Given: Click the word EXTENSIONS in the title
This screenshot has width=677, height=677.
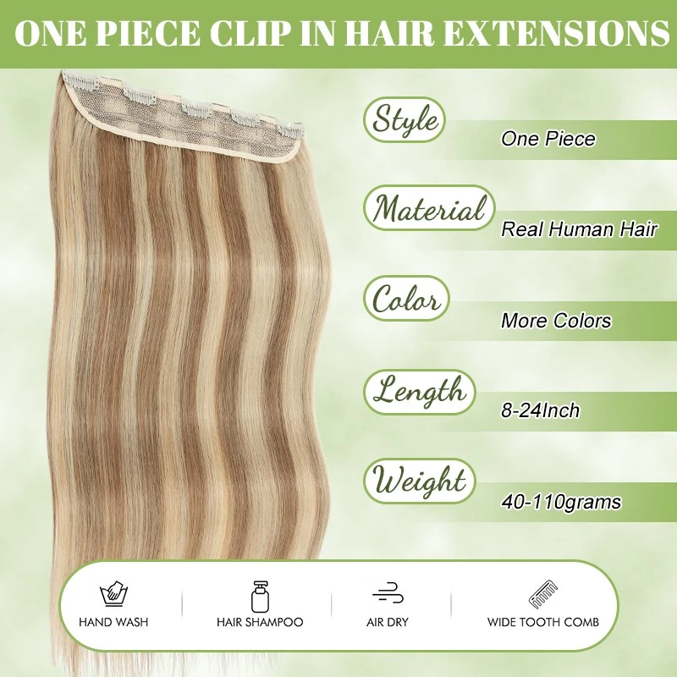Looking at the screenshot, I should (x=553, y=34).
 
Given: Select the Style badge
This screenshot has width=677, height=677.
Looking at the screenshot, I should (x=406, y=120).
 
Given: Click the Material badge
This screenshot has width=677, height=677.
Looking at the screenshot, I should (x=429, y=208).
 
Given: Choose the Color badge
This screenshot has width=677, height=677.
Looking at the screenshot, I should (x=406, y=300).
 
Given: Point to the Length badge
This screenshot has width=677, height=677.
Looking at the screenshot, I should (x=419, y=391).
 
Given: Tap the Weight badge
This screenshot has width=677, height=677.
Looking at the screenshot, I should (x=420, y=482).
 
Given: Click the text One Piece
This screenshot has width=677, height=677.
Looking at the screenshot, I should (x=548, y=139).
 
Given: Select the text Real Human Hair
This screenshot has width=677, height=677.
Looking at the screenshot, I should (x=579, y=229).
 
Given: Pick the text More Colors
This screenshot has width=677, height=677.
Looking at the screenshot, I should (x=555, y=321).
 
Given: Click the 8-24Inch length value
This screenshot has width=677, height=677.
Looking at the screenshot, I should (x=540, y=411).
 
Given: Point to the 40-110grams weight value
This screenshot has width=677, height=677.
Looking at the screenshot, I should (x=560, y=502).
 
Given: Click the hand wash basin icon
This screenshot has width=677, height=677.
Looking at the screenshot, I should (x=113, y=592).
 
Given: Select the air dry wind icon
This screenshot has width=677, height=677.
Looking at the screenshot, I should (x=388, y=592).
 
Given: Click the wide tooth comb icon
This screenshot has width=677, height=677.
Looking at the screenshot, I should (x=542, y=593).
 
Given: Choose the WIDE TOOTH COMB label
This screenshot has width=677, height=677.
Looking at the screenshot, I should (x=542, y=622).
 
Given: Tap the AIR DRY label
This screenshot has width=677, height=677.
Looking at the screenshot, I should (x=388, y=622).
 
